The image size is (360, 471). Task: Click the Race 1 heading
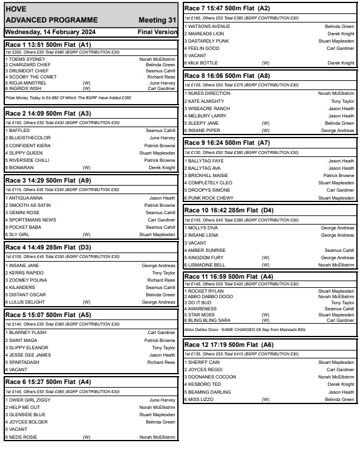48,44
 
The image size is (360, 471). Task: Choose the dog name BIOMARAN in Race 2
23,167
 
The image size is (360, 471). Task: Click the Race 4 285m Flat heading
48,248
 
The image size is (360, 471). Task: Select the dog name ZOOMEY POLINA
29,280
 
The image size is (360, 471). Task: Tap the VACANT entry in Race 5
19,369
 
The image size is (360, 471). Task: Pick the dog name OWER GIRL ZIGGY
30,400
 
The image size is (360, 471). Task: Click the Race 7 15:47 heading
227,9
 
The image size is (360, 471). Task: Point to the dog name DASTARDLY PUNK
209,41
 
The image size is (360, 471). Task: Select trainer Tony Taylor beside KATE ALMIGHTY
342,101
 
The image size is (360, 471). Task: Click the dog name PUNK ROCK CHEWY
211,198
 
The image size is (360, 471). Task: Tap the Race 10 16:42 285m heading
229,210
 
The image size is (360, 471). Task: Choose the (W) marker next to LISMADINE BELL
266,265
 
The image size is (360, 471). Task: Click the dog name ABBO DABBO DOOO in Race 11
210,296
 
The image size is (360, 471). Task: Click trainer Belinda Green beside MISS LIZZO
340,399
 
